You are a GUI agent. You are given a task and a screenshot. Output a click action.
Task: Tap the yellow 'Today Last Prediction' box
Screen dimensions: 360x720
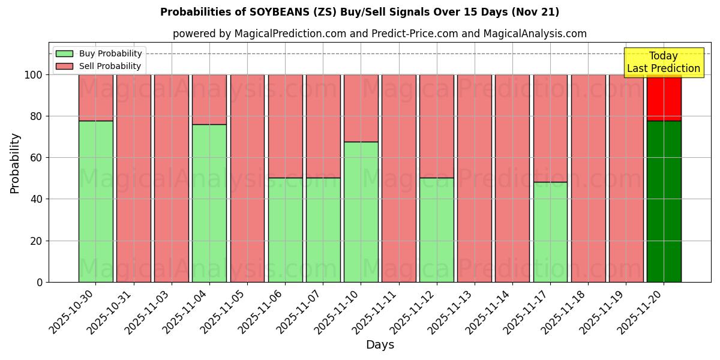[x=663, y=62]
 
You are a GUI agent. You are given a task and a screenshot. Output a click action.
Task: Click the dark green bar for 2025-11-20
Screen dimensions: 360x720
[x=664, y=201]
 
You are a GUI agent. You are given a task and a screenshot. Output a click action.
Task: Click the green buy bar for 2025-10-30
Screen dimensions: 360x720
[x=95, y=201]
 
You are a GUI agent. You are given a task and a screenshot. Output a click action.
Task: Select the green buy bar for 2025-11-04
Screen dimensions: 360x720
[x=209, y=203]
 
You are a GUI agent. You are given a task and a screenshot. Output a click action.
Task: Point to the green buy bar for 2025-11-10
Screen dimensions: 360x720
[x=361, y=211]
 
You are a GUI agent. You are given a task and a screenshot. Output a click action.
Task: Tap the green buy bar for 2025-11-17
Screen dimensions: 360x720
[x=550, y=232]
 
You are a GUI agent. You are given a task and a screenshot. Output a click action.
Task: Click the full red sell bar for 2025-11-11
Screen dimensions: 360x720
[x=398, y=178]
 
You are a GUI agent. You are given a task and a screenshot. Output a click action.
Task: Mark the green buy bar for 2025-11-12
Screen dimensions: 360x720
[x=436, y=229]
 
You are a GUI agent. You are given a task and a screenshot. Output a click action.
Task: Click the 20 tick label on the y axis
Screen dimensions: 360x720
[x=37, y=241]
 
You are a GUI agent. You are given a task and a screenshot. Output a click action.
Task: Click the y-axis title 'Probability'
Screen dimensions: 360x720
[x=15, y=163]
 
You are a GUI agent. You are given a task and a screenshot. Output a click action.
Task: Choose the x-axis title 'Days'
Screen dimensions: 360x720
[x=380, y=345]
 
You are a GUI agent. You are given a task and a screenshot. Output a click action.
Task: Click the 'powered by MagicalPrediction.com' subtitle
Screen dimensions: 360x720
[x=379, y=34]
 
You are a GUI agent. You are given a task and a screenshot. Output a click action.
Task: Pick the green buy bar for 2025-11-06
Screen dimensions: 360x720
[x=285, y=229]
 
